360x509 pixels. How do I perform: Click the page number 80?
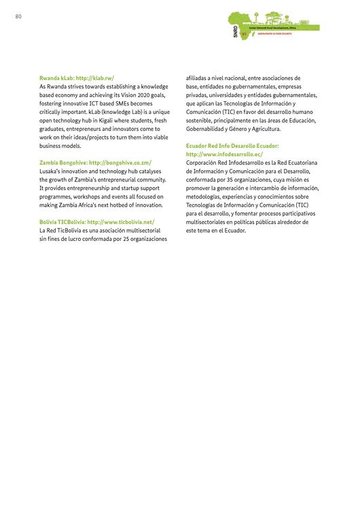click(18, 16)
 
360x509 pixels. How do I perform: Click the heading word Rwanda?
click(52, 79)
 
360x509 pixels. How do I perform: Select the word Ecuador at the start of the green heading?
click(198, 146)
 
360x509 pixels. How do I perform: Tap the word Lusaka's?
click(53, 171)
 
